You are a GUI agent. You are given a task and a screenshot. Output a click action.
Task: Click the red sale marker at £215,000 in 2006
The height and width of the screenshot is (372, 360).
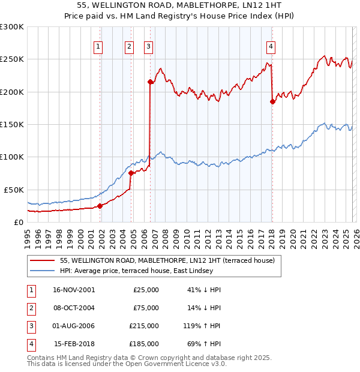point(150,82)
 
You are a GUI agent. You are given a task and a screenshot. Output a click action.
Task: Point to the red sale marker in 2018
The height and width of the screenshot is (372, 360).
point(272,101)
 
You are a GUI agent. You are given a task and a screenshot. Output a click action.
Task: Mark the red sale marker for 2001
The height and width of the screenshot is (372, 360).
point(100,206)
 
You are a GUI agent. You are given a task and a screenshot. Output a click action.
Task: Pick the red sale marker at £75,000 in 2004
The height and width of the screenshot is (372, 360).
point(131,173)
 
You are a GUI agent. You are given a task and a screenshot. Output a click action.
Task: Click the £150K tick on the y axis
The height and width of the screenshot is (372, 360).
point(12,124)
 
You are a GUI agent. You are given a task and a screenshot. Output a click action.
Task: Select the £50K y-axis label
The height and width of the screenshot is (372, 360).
point(13,189)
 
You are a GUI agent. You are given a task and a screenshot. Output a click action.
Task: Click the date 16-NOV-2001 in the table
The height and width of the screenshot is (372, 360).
point(74,290)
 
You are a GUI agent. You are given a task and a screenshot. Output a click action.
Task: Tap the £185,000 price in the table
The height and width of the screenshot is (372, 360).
point(143,344)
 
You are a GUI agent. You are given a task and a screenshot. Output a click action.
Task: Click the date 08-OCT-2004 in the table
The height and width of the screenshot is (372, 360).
point(74,308)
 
